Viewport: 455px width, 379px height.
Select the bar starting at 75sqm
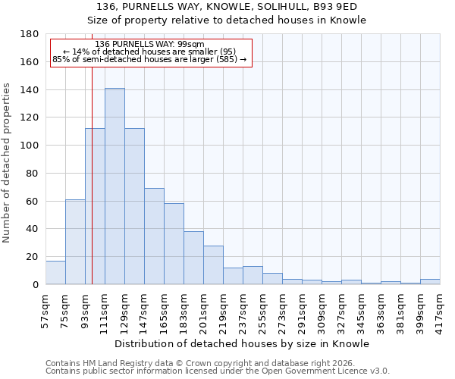tap(75, 242)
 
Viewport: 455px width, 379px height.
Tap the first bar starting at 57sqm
tap(55, 272)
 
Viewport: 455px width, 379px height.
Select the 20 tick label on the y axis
tap(32, 257)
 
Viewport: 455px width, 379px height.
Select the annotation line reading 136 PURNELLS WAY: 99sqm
tap(150, 44)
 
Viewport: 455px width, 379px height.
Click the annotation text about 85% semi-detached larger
tap(150, 59)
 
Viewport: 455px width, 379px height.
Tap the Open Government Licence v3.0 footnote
tap(218, 371)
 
